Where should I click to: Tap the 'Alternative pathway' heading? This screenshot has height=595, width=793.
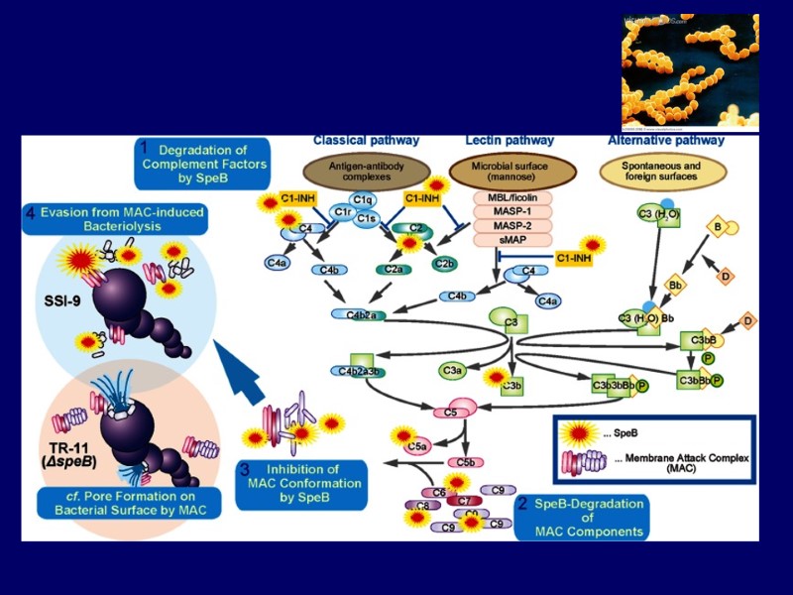tap(665, 140)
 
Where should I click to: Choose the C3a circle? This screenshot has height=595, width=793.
tap(452, 370)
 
